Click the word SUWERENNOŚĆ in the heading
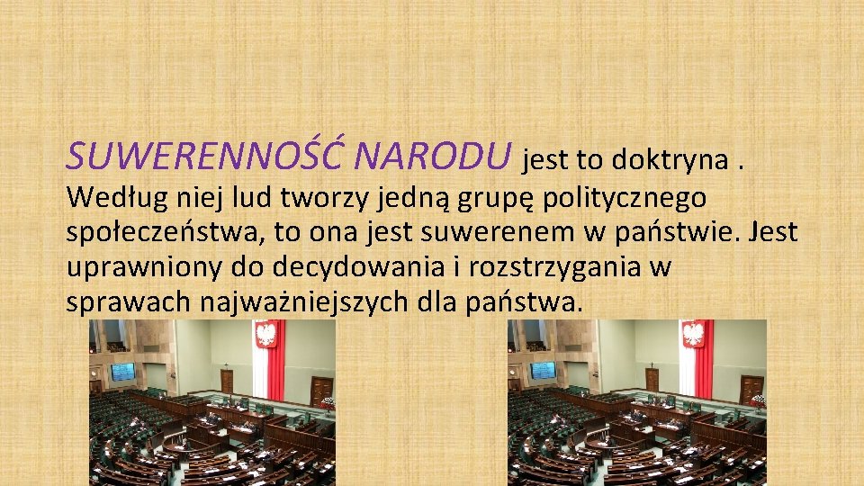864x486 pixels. pos(206,157)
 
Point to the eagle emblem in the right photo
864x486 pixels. pos(693,335)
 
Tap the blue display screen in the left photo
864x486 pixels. pos(122,370)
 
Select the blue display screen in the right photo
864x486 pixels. pos(543,370)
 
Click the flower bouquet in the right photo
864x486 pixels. pos(757,401)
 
